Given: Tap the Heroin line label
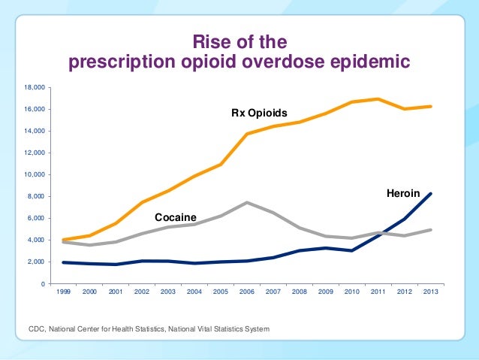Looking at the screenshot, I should click(x=402, y=194).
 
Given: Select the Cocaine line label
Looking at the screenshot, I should click(x=176, y=217).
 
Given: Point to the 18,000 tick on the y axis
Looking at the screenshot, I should click(x=34, y=88).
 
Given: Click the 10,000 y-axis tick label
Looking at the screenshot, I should click(x=34, y=175).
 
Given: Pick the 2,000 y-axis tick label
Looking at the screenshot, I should click(x=36, y=262).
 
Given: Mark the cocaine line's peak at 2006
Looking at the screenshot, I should click(x=247, y=202).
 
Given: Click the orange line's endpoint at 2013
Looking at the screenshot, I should click(x=429, y=106).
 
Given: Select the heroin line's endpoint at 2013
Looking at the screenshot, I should click(x=429, y=194).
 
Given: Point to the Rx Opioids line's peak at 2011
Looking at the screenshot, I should click(x=377, y=98).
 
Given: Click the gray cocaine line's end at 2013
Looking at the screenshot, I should click(x=429, y=230).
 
